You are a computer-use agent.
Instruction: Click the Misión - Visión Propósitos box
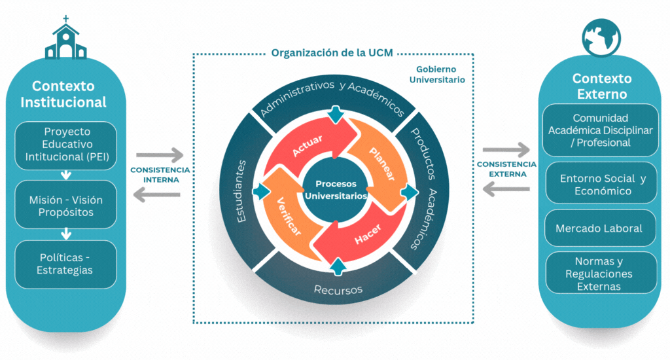(65, 206)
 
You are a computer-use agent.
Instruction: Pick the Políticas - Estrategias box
(65, 264)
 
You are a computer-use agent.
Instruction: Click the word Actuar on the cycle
(302, 146)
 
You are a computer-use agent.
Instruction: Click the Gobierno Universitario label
(437, 75)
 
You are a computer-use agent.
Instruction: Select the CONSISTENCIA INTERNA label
(160, 175)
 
